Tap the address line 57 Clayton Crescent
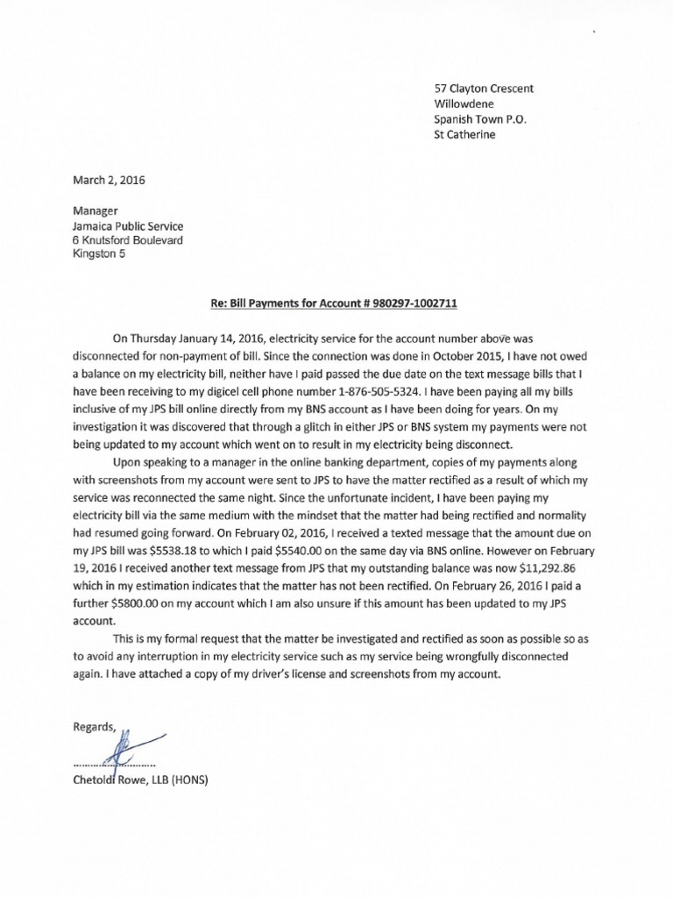[497, 89]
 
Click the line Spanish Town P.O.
[482, 119]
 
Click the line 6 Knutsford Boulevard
[127, 240]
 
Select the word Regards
[94, 726]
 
